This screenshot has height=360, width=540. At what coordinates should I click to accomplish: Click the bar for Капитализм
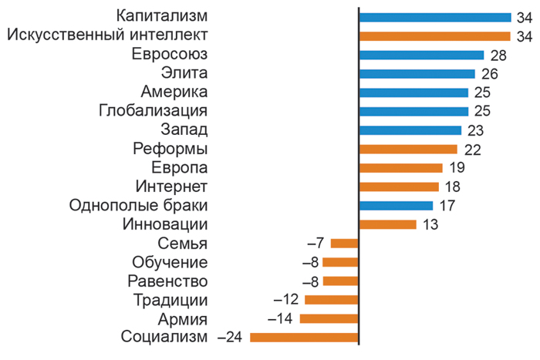point(435,17)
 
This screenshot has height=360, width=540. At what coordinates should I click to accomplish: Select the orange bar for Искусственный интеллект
point(435,35)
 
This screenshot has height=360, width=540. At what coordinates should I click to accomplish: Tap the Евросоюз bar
point(421,55)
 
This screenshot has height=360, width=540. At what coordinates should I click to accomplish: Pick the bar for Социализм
point(305,337)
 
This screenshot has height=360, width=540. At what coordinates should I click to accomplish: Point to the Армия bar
point(329,318)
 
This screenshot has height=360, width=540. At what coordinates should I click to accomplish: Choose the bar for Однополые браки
point(397,205)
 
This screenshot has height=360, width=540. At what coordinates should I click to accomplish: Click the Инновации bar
point(388,224)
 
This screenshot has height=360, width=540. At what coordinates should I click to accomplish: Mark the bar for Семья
point(345,243)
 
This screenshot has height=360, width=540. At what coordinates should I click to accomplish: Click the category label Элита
point(185,73)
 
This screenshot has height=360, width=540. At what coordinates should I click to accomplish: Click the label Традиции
point(170,300)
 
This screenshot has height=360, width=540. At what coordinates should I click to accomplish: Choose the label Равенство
point(167,281)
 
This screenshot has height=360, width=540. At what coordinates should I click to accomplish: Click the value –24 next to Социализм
point(231,338)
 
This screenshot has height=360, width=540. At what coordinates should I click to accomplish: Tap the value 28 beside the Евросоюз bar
point(498,55)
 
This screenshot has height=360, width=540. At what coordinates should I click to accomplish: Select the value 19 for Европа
point(456,168)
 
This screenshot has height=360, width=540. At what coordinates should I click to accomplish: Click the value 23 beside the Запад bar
point(475,130)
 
